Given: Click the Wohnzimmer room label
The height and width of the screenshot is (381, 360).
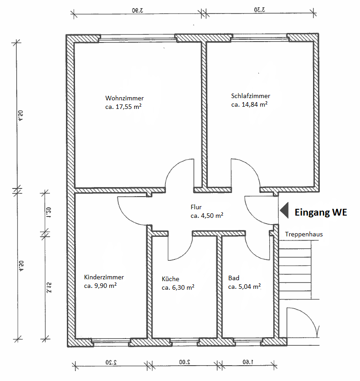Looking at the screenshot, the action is [x=124, y=98].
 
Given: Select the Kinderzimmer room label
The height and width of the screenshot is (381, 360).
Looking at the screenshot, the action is [x=104, y=277].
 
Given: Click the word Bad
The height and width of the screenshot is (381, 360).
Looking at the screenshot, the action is [x=234, y=278].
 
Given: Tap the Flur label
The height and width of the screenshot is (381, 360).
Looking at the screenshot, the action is [x=196, y=207].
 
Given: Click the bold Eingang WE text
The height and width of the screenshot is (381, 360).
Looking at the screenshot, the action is [x=321, y=212].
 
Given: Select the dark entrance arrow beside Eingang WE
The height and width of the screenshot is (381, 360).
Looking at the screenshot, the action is [x=285, y=210].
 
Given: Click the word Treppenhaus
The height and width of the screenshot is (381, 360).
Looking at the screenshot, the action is [x=304, y=234].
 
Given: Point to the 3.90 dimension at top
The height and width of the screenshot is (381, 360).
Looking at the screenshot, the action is [x=137, y=10].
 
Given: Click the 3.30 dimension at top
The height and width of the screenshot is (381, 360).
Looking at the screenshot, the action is [x=259, y=10].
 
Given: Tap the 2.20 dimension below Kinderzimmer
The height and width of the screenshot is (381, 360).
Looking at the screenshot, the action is [x=111, y=362].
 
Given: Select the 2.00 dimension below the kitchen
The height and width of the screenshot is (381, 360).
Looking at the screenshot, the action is [x=185, y=362].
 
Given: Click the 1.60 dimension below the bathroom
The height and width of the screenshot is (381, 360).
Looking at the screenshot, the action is [x=248, y=362].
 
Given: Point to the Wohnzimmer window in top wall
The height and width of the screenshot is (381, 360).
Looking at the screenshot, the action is [x=137, y=38].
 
